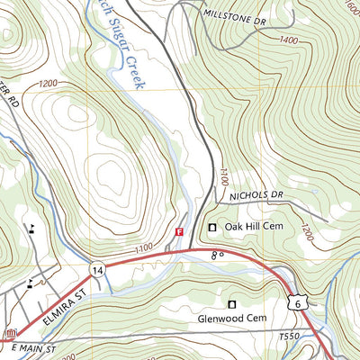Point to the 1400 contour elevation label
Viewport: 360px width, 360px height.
290,40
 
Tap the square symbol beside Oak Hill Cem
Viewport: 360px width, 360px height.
213,228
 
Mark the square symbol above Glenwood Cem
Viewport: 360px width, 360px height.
232,303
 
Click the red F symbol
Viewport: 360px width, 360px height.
179,231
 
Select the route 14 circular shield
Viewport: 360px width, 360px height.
96,268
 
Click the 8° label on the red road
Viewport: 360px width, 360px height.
216,256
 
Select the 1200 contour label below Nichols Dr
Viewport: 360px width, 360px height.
309,234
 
